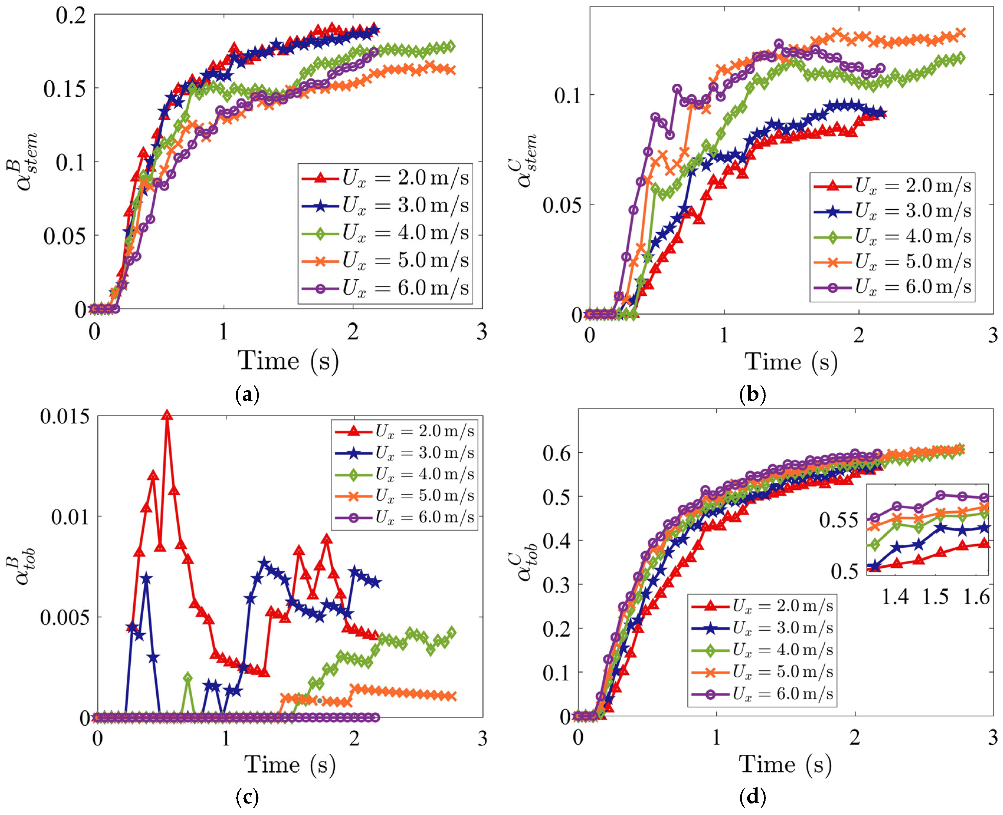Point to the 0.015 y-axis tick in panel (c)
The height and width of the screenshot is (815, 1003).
tap(65, 416)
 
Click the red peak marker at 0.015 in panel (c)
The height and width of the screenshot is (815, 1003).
tap(167, 415)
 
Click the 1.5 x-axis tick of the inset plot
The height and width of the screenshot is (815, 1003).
tap(936, 597)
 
